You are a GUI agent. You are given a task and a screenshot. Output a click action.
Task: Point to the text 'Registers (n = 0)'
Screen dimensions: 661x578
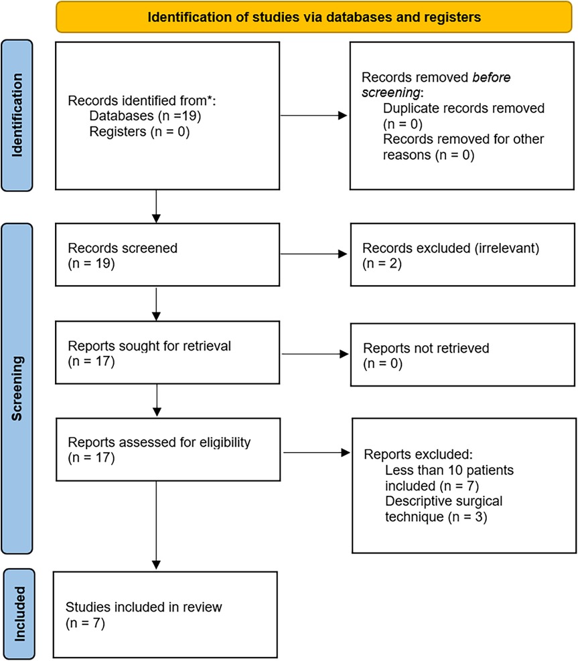click(x=139, y=132)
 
